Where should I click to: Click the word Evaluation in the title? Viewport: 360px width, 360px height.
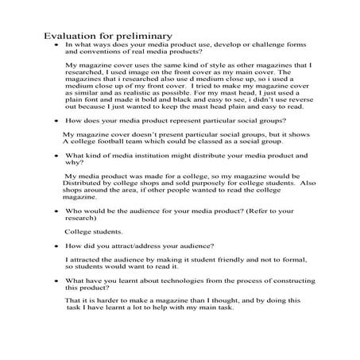(x=69, y=36)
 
